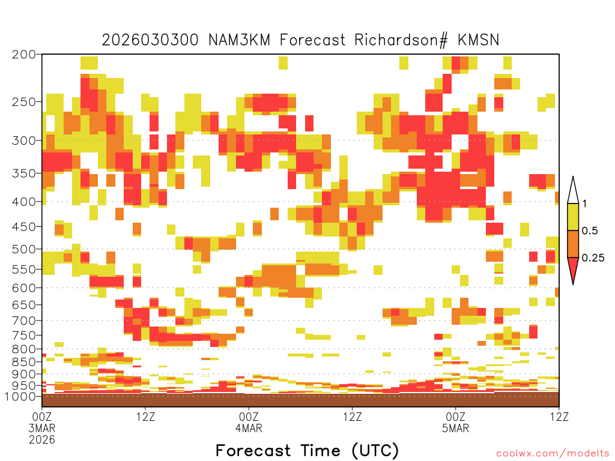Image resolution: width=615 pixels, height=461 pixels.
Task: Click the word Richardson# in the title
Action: pyautogui.click(x=401, y=40)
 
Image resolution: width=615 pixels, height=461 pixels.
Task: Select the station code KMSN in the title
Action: pyautogui.click(x=478, y=40)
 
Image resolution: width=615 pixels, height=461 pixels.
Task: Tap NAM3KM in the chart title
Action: pyautogui.click(x=239, y=40)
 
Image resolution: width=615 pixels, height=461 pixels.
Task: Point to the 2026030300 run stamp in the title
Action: pyautogui.click(x=150, y=40)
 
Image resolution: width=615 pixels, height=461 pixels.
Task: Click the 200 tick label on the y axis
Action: pyautogui.click(x=24, y=55)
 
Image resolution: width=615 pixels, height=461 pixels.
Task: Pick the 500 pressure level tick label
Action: pyautogui.click(x=24, y=249)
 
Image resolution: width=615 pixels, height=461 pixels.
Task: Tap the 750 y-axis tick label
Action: pyautogui.click(x=24, y=335)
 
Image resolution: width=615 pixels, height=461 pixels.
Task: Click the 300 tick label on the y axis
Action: pyautogui.click(x=24, y=140)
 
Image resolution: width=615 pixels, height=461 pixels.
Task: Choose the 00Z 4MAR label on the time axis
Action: pyautogui.click(x=249, y=422)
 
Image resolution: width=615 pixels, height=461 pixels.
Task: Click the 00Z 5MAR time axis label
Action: pyautogui.click(x=455, y=422)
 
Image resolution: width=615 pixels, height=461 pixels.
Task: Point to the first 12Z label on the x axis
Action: pyautogui.click(x=145, y=417)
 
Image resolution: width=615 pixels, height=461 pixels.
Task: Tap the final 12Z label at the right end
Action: pyautogui.click(x=559, y=417)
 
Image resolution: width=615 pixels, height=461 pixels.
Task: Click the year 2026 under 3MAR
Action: pyautogui.click(x=42, y=439)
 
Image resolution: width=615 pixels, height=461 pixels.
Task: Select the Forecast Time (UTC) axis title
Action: pyautogui.click(x=307, y=450)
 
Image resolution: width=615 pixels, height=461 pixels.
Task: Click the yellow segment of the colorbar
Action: pyautogui.click(x=573, y=217)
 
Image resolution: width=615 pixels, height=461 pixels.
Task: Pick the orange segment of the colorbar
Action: pyautogui.click(x=573, y=244)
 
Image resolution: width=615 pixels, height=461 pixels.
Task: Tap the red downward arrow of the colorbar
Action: pyautogui.click(x=573, y=269)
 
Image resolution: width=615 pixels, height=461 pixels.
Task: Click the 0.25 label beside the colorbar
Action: pyautogui.click(x=593, y=258)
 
